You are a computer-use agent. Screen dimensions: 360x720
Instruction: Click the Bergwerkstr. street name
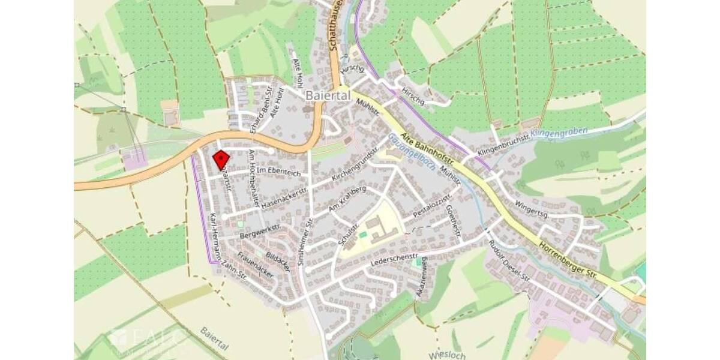tap(260, 230)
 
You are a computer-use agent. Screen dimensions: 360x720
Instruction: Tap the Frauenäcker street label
tap(256, 265)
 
